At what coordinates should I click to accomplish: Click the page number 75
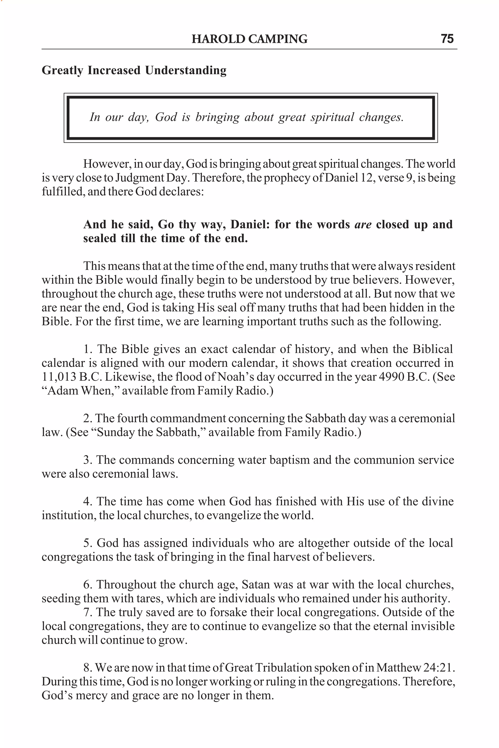(447, 39)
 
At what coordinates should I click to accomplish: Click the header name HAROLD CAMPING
(249, 39)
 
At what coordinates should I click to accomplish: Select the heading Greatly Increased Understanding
(134, 70)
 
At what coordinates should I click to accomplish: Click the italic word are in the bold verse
(363, 224)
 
